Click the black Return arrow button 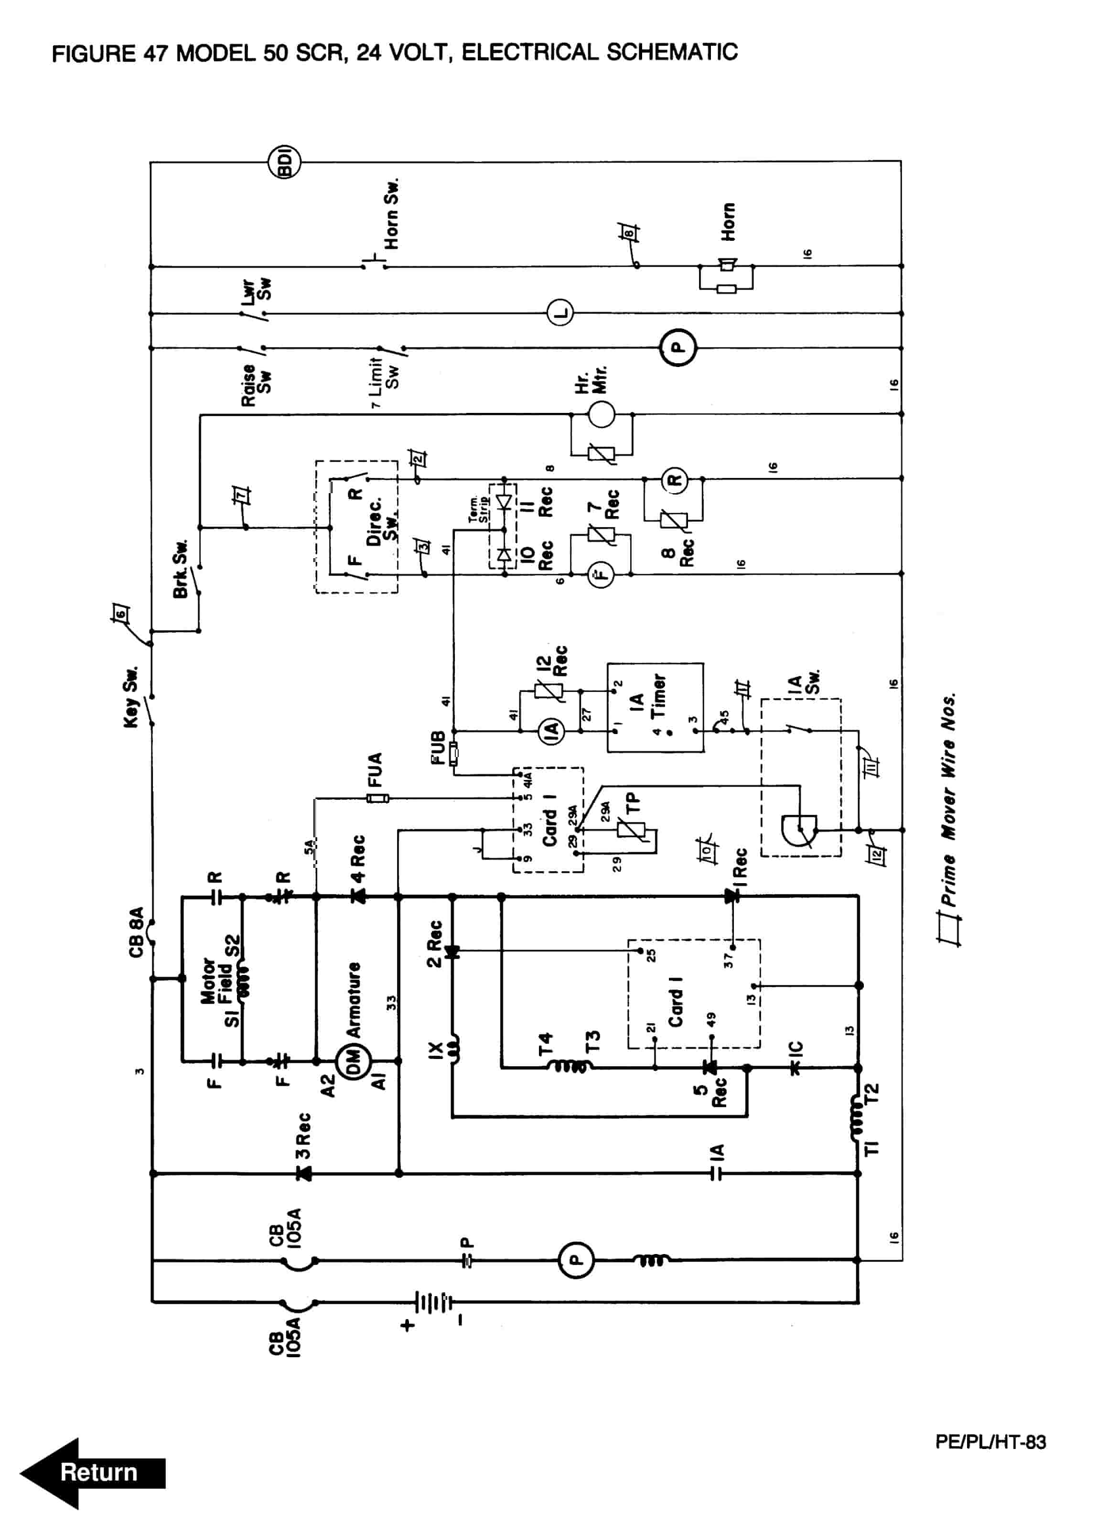click(93, 1472)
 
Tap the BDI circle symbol click(285, 162)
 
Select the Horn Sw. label click(391, 214)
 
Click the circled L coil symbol click(559, 313)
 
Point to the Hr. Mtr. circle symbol click(600, 413)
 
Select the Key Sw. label click(131, 697)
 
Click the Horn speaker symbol click(727, 265)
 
